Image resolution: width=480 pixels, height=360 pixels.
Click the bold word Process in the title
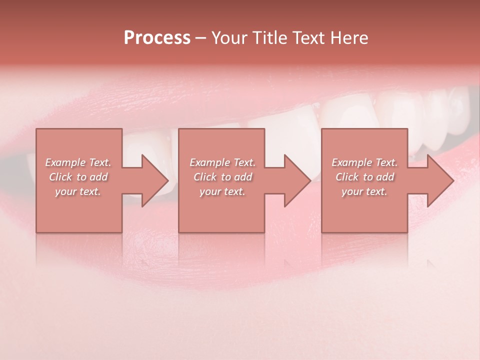point(157,37)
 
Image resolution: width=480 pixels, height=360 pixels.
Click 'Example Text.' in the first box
point(78,162)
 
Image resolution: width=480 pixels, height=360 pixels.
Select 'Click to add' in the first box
point(78,177)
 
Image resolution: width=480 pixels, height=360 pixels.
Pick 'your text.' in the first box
point(78,191)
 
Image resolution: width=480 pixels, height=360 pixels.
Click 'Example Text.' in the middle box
point(222,162)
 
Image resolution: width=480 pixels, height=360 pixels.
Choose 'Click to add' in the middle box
point(222,177)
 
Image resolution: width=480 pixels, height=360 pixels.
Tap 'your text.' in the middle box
point(222,191)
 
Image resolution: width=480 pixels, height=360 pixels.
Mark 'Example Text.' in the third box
point(364,162)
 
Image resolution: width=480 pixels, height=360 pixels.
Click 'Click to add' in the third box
point(364,177)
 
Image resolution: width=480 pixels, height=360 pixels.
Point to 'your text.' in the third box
point(364,191)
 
